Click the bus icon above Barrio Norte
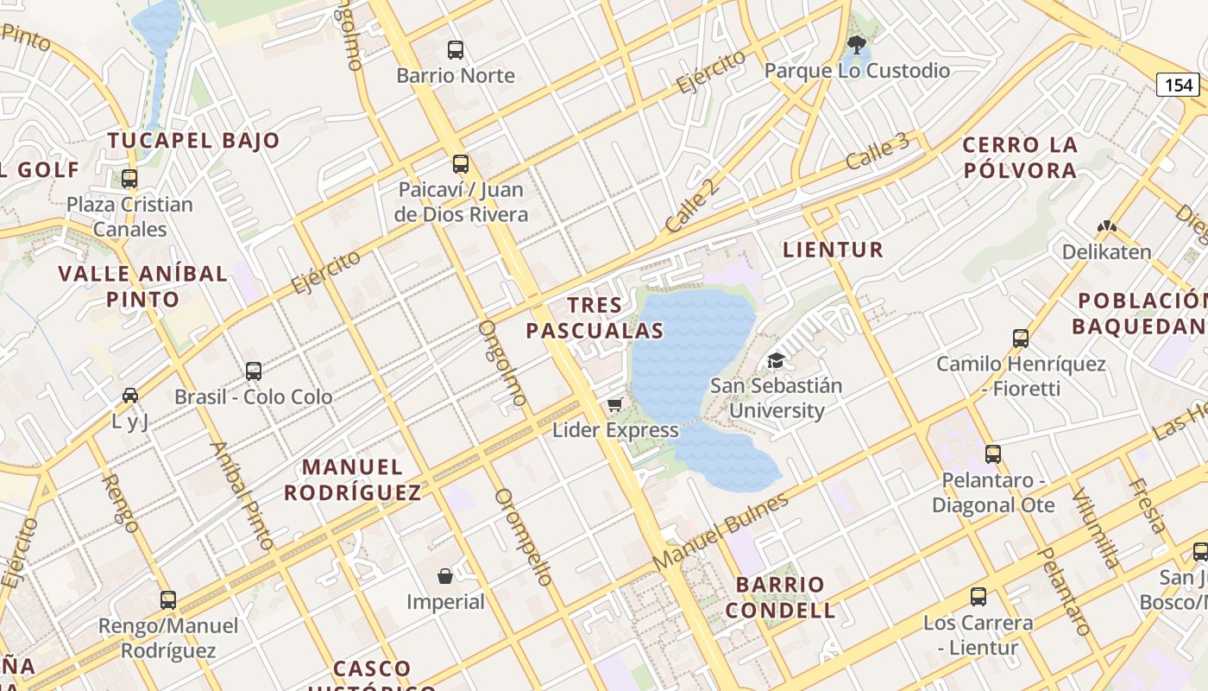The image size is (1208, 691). point(456,50)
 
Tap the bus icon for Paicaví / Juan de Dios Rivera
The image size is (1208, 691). point(461,164)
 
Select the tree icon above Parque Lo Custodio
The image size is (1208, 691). point(856,45)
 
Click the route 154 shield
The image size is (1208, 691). point(1179,84)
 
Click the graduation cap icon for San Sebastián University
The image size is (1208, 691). point(777,361)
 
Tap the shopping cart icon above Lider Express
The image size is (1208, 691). point(615,405)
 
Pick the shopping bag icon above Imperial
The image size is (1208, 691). point(445,576)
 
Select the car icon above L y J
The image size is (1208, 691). point(130,396)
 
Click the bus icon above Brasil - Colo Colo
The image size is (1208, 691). point(254,371)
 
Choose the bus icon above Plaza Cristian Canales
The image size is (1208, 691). point(129,180)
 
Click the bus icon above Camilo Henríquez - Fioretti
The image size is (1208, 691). point(1021,339)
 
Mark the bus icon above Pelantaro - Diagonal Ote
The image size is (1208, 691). point(993,454)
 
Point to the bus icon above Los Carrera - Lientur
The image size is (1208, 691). point(978,597)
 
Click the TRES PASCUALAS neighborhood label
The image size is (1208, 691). point(595,318)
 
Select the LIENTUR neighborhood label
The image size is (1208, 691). point(833,250)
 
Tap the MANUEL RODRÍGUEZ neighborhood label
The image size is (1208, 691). point(353,480)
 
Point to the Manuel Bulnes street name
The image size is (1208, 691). point(720,532)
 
